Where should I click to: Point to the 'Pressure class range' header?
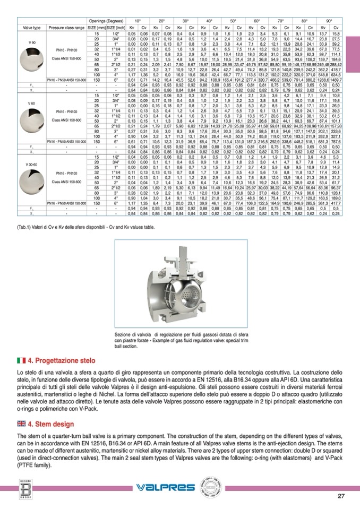point(66,27)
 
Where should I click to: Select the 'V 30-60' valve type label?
point(32,165)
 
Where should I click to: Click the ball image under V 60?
point(32,118)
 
